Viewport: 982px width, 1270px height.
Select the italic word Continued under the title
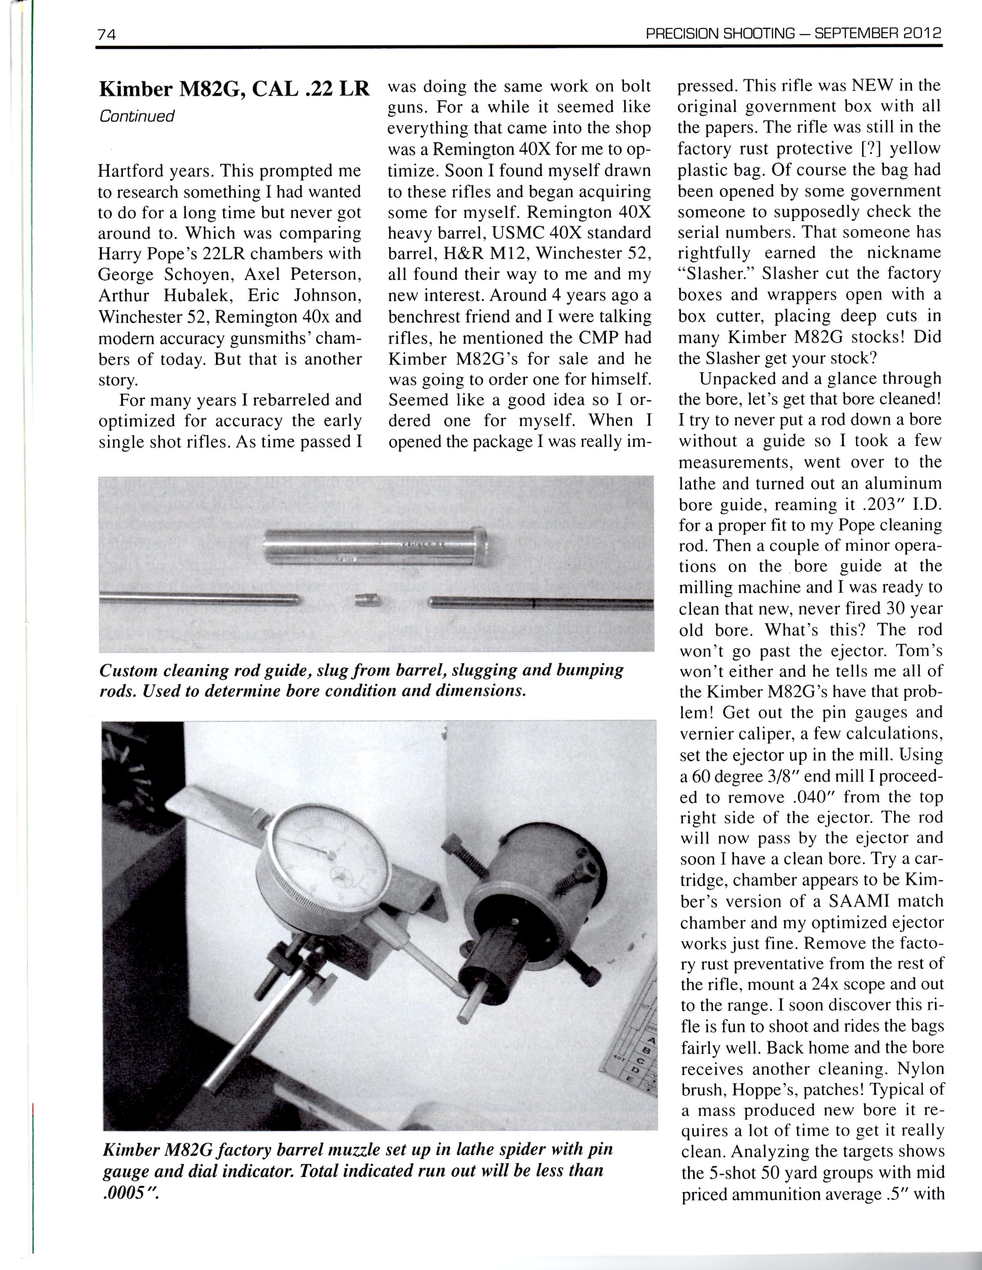click(137, 116)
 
